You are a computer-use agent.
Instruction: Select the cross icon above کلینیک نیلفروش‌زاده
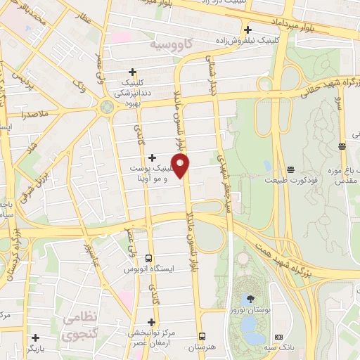[247, 30]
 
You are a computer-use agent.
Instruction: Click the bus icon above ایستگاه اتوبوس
[148, 258]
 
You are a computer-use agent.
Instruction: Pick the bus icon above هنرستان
[202, 335]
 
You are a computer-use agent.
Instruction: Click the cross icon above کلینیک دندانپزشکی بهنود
[132, 71]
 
